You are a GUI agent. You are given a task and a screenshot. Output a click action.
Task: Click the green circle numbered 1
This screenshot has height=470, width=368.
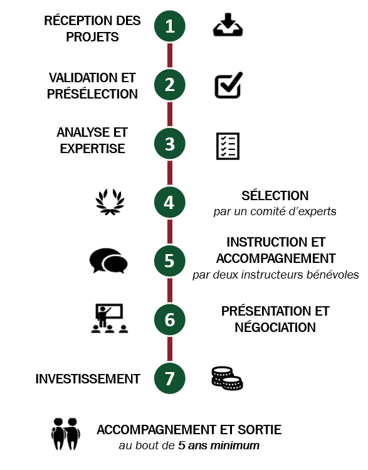(170, 26)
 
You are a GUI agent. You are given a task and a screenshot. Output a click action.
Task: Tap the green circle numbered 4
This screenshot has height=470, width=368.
(170, 202)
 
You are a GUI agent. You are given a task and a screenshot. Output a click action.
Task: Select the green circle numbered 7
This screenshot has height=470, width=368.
(170, 378)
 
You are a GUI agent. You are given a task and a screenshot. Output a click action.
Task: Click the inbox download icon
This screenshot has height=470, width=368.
(228, 24)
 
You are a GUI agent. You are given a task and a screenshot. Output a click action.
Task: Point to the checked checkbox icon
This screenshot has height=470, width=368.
(229, 85)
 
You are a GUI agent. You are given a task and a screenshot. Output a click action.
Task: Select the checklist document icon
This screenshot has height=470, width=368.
(228, 146)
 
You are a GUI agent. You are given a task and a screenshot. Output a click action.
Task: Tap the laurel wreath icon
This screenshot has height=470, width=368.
(110, 202)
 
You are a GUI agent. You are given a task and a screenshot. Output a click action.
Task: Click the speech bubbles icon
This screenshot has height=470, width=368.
(108, 260)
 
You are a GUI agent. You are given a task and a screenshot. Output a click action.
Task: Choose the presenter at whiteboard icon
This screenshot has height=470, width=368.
(110, 318)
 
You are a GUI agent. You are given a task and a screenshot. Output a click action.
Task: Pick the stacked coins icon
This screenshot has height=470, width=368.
(228, 378)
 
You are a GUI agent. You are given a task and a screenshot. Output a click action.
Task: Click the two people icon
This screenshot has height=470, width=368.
(66, 434)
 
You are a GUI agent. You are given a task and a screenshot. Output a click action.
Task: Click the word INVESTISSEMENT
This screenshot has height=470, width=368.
(88, 379)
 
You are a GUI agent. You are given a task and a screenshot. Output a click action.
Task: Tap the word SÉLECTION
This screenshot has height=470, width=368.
(275, 196)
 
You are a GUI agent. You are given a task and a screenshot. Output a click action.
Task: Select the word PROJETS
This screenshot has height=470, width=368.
(92, 37)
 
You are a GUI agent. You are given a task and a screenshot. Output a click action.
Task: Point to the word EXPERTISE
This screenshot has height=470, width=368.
(93, 149)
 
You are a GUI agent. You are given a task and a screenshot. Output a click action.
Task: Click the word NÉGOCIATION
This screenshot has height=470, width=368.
(275, 328)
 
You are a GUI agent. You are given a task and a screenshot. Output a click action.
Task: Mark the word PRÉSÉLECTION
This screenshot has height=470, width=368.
(92, 94)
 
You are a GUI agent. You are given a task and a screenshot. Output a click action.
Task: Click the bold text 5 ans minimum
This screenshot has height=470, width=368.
(219, 446)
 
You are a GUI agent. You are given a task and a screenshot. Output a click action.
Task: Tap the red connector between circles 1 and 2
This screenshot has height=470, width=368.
(170, 55)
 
